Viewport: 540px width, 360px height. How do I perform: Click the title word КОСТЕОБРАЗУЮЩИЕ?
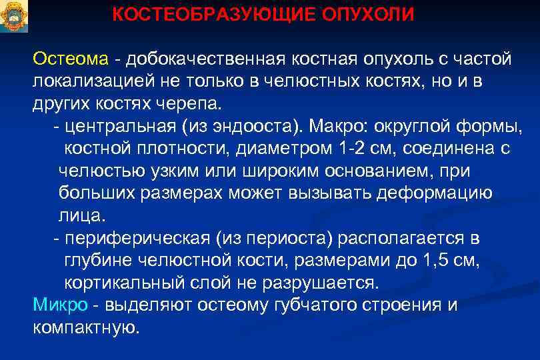[x=199, y=15]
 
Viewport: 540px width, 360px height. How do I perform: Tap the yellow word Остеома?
[x=70, y=59]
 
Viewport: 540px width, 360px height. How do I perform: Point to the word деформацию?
[x=434, y=193]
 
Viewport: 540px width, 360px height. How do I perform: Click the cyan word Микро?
[x=60, y=305]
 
